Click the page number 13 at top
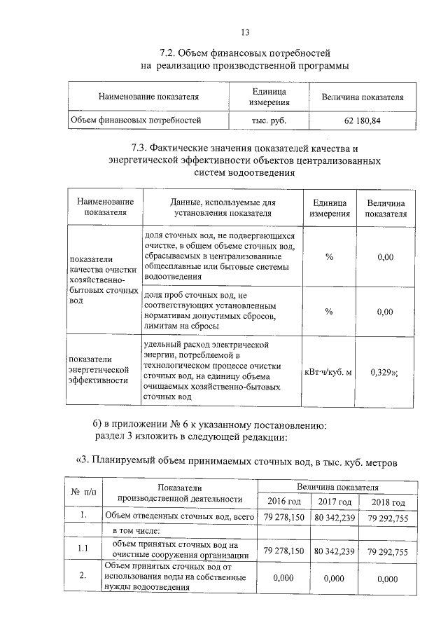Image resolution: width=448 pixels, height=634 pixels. [244, 32]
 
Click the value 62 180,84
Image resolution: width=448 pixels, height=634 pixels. [362, 120]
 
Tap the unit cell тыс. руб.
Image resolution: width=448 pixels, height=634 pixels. [269, 120]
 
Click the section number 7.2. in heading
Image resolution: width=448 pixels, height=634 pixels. [168, 53]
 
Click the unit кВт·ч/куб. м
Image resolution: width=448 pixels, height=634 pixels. [328, 371]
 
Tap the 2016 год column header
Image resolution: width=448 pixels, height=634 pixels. [284, 502]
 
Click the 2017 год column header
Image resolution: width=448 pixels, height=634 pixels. [335, 502]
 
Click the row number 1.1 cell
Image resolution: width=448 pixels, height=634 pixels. [83, 549]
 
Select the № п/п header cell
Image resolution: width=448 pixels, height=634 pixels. [83, 493]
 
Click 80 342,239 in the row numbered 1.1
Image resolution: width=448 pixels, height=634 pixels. [335, 551]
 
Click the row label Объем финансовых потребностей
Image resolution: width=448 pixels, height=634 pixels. [136, 120]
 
